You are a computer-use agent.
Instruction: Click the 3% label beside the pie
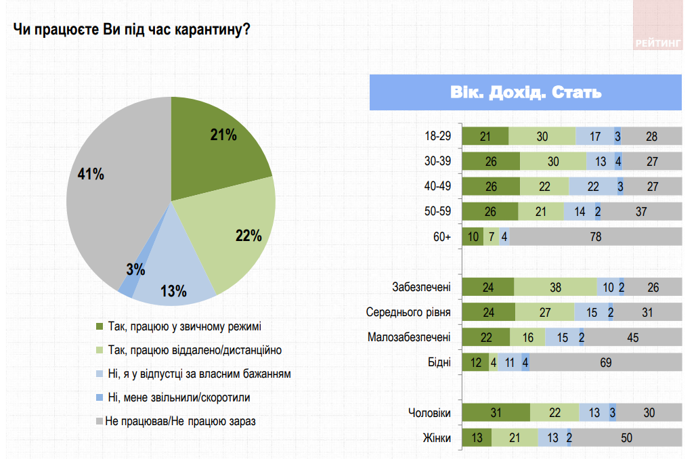tap(135, 269)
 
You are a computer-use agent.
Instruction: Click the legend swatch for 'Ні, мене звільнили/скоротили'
tap(100, 397)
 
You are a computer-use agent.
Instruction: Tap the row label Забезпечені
tap(422, 287)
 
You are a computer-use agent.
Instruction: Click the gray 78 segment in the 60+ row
tap(596, 237)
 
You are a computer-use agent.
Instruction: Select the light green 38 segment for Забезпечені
tap(555, 287)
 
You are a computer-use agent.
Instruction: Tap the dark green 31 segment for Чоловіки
tap(496, 412)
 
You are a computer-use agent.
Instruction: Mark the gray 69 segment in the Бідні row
tap(606, 362)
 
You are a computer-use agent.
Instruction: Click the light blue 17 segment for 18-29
tap(595, 136)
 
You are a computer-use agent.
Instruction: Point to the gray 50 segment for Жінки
tap(626, 437)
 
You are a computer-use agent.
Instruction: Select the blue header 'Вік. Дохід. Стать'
tap(525, 92)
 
